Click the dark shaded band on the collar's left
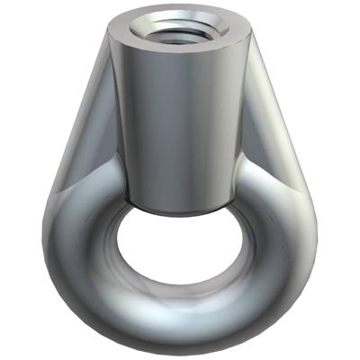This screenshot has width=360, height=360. tap(126, 117)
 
